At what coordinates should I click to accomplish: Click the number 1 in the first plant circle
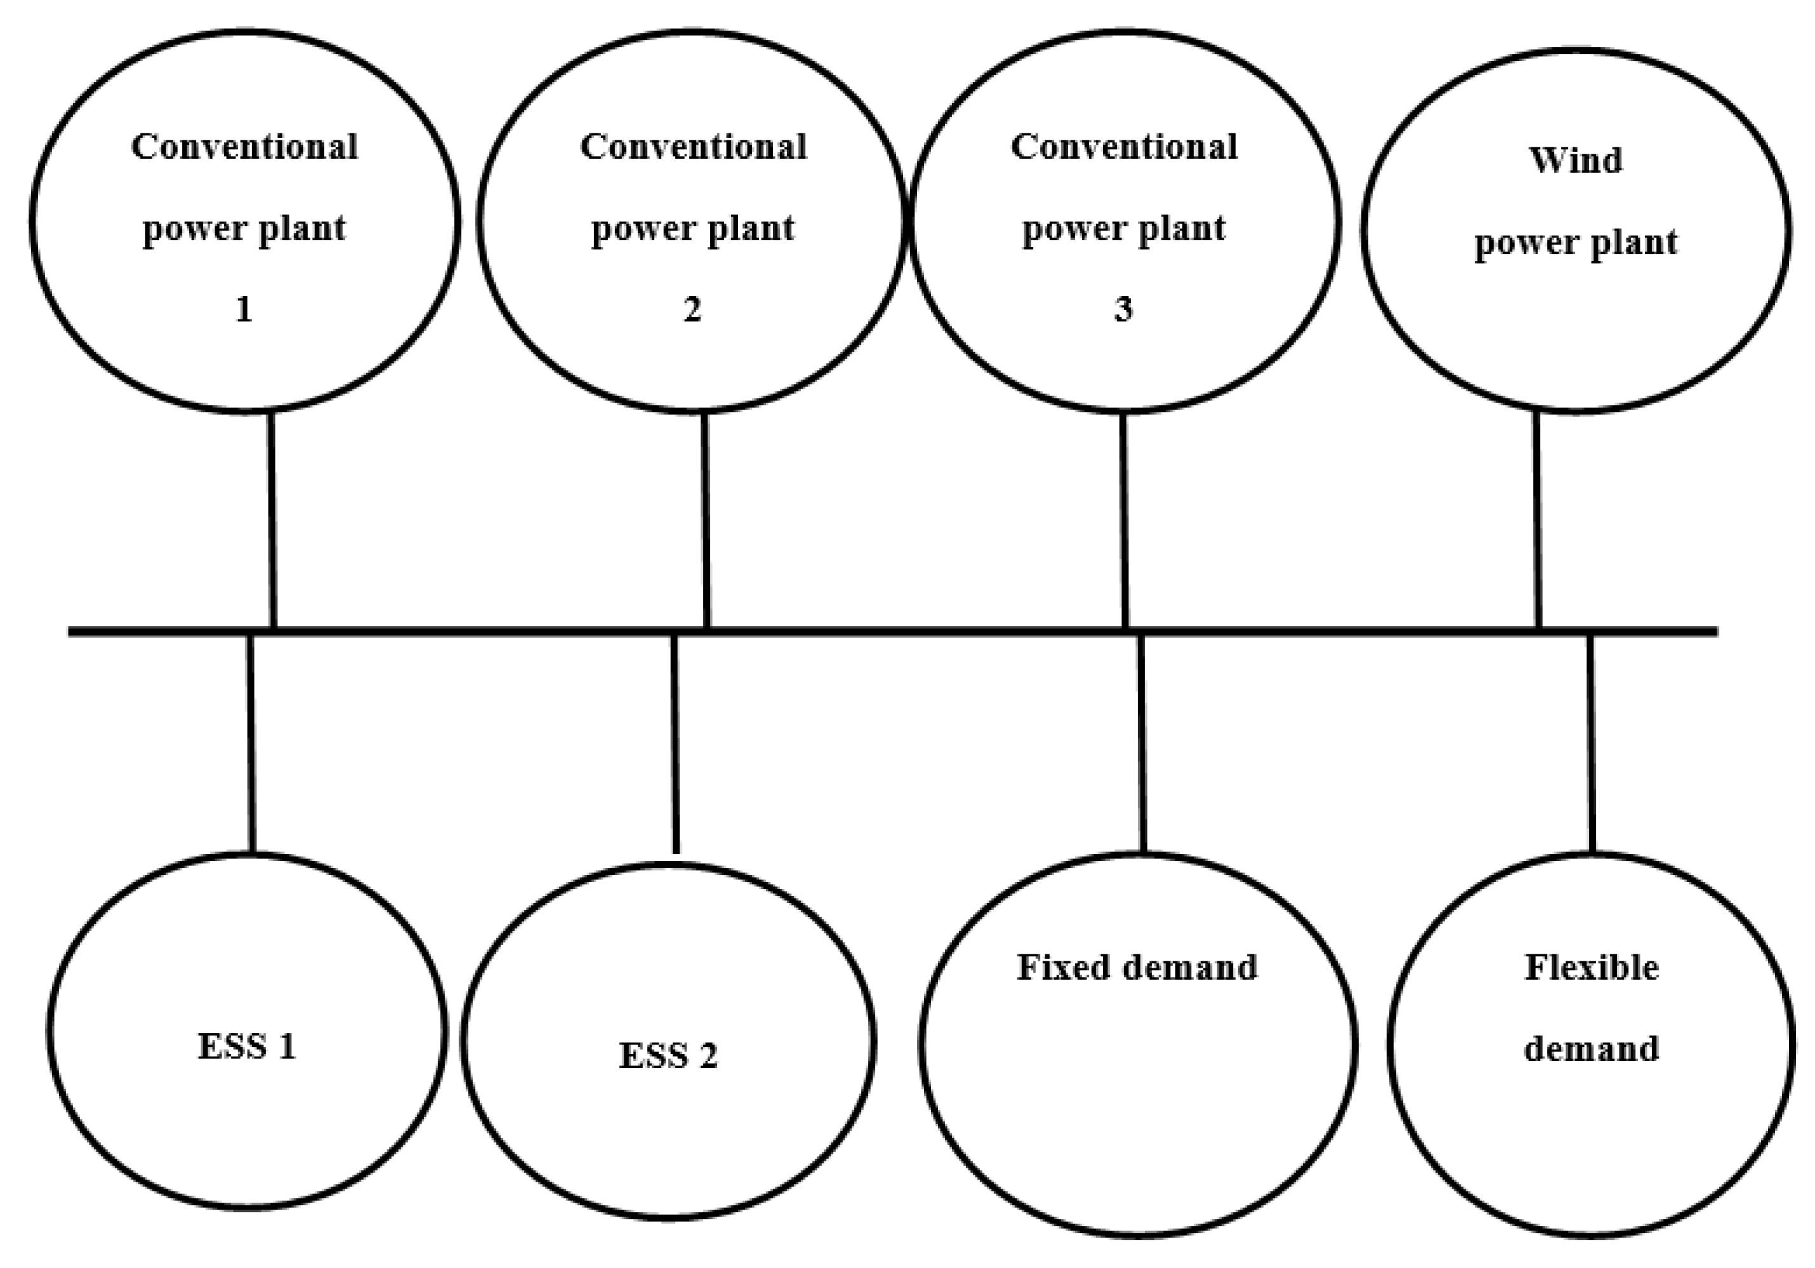click(244, 309)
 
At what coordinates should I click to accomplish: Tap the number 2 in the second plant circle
click(692, 309)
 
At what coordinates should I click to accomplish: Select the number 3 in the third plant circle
click(1123, 309)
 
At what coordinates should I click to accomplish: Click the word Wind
click(1576, 161)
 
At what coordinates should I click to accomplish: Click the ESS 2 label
click(668, 1055)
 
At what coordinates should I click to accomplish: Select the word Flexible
click(1591, 967)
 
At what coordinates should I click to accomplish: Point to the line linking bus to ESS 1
click(251, 743)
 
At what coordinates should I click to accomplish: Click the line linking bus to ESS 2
click(674, 743)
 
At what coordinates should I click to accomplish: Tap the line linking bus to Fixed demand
click(1141, 743)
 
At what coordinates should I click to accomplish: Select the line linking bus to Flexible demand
click(1590, 743)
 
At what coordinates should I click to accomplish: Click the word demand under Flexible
click(1591, 1049)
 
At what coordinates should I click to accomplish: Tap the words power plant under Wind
click(1576, 242)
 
